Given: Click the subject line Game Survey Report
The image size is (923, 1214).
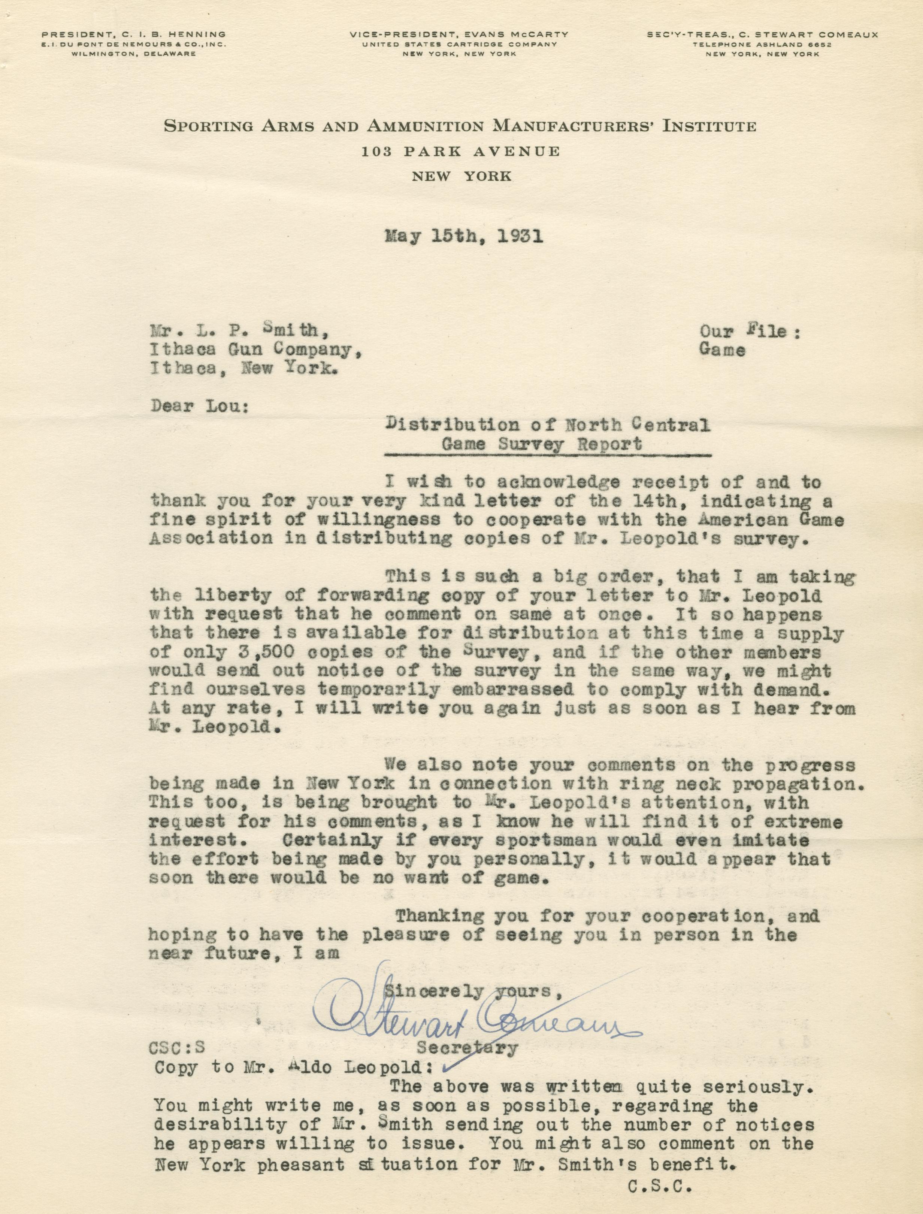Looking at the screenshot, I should [x=542, y=444].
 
